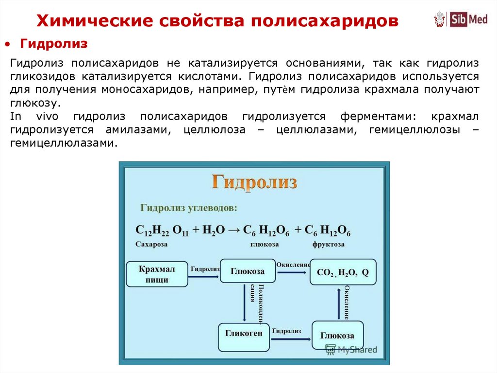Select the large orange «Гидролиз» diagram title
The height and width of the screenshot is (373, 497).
pyautogui.click(x=254, y=182)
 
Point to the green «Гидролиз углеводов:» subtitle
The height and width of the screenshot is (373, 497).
pyautogui.click(x=189, y=208)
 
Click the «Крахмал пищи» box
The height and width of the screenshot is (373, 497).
pyautogui.click(x=157, y=274)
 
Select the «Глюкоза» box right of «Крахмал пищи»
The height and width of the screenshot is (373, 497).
pyautogui.click(x=248, y=271)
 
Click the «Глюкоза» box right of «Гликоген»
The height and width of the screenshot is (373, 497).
pyautogui.click(x=337, y=336)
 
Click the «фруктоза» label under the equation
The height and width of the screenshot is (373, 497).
pyautogui.click(x=328, y=245)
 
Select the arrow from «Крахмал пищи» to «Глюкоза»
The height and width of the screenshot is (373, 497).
pyautogui.click(x=204, y=276)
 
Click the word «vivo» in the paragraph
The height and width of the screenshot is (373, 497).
pyautogui.click(x=48, y=117)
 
